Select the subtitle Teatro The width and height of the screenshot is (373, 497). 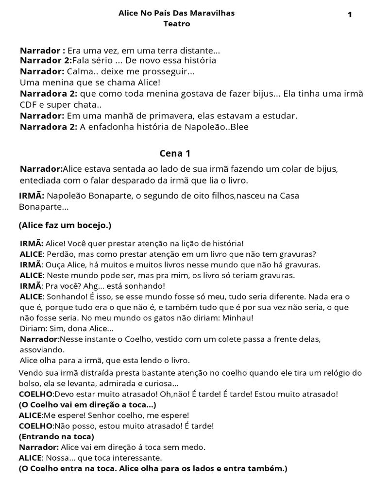point(177,23)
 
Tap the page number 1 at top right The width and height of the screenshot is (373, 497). point(350,15)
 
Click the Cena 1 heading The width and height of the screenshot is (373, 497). point(175,153)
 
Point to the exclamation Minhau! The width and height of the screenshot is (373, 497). point(241,318)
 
